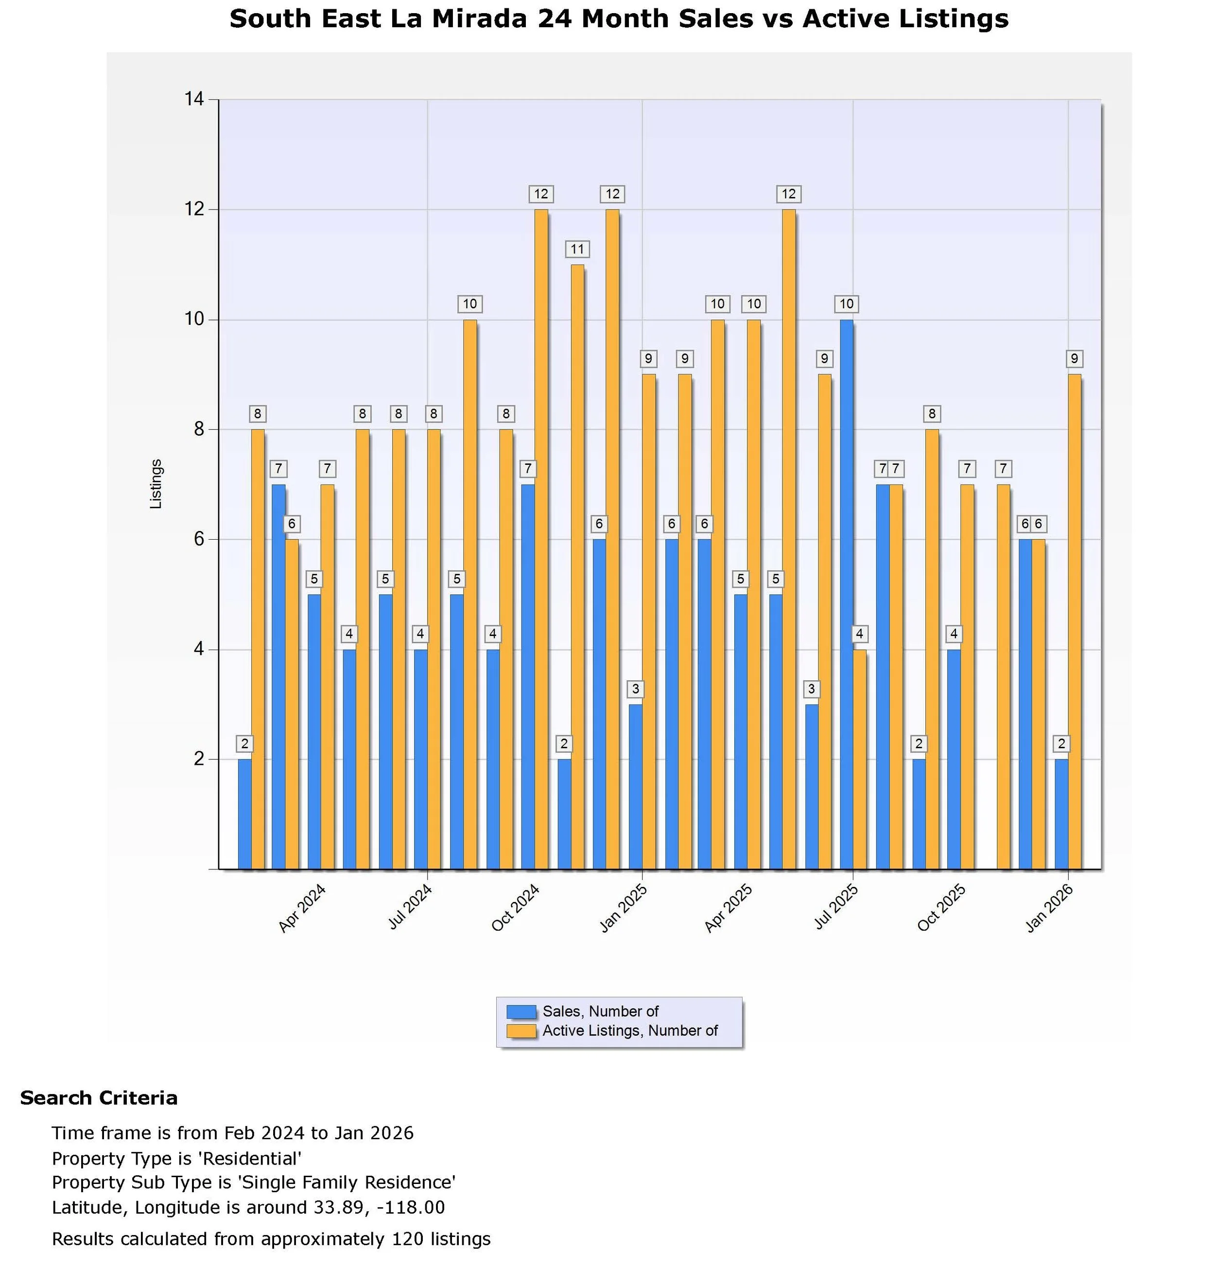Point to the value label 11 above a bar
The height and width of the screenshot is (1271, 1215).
[x=576, y=249]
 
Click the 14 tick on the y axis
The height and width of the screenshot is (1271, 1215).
[x=193, y=99]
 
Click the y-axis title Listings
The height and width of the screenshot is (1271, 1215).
[x=156, y=483]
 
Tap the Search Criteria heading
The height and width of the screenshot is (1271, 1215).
[x=99, y=1098]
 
